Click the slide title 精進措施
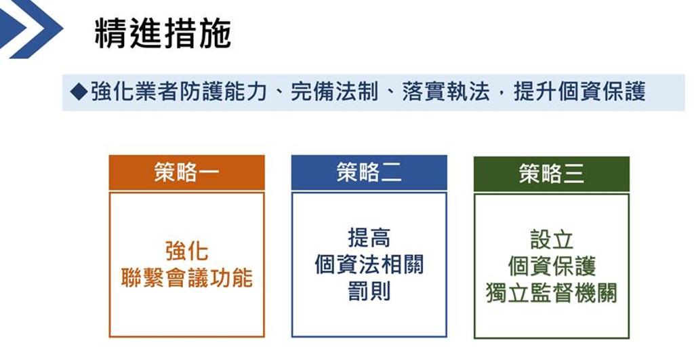click(x=163, y=33)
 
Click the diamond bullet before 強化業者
click(x=79, y=92)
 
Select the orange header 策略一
click(x=187, y=173)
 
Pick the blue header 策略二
click(x=369, y=173)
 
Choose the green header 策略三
click(x=552, y=174)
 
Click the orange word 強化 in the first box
click(x=187, y=251)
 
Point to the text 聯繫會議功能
click(x=187, y=278)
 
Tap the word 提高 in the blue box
click(x=369, y=238)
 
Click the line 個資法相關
click(x=369, y=264)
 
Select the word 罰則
click(x=369, y=292)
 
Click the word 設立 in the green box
click(x=552, y=239)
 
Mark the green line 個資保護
click(x=552, y=266)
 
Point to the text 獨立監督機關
click(x=552, y=293)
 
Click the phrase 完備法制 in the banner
click(x=335, y=92)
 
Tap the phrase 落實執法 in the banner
click(x=446, y=92)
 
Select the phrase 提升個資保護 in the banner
click(x=579, y=92)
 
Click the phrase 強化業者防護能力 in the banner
click(x=179, y=92)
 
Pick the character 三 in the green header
click(x=573, y=174)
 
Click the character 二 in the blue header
click(x=391, y=173)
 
